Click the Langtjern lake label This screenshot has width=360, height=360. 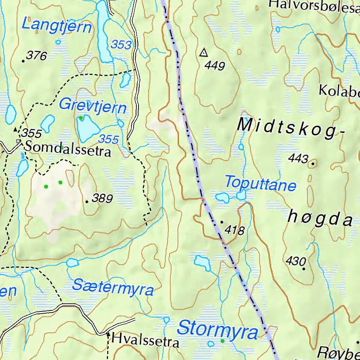pyautogui.click(x=57, y=26)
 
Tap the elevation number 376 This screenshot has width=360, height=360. pyautogui.click(x=36, y=56)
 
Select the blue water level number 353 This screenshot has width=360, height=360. pyautogui.click(x=121, y=45)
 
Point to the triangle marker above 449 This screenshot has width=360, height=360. pyautogui.click(x=203, y=53)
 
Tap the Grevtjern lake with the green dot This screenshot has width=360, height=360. pyautogui.click(x=87, y=127)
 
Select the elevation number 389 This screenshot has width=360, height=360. pyautogui.click(x=102, y=199)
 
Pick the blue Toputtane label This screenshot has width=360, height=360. pyautogui.click(x=261, y=184)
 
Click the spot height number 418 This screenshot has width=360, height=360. pyautogui.click(x=235, y=231)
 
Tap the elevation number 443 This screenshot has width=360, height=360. pyautogui.click(x=298, y=159)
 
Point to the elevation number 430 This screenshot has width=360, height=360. pyautogui.click(x=296, y=261)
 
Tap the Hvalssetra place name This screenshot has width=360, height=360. pyautogui.click(x=145, y=340)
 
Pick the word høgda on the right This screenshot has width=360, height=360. pyautogui.click(x=320, y=219)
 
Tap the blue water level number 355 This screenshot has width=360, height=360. pyautogui.click(x=108, y=139)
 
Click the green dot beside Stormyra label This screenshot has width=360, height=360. pyautogui.click(x=222, y=341)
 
